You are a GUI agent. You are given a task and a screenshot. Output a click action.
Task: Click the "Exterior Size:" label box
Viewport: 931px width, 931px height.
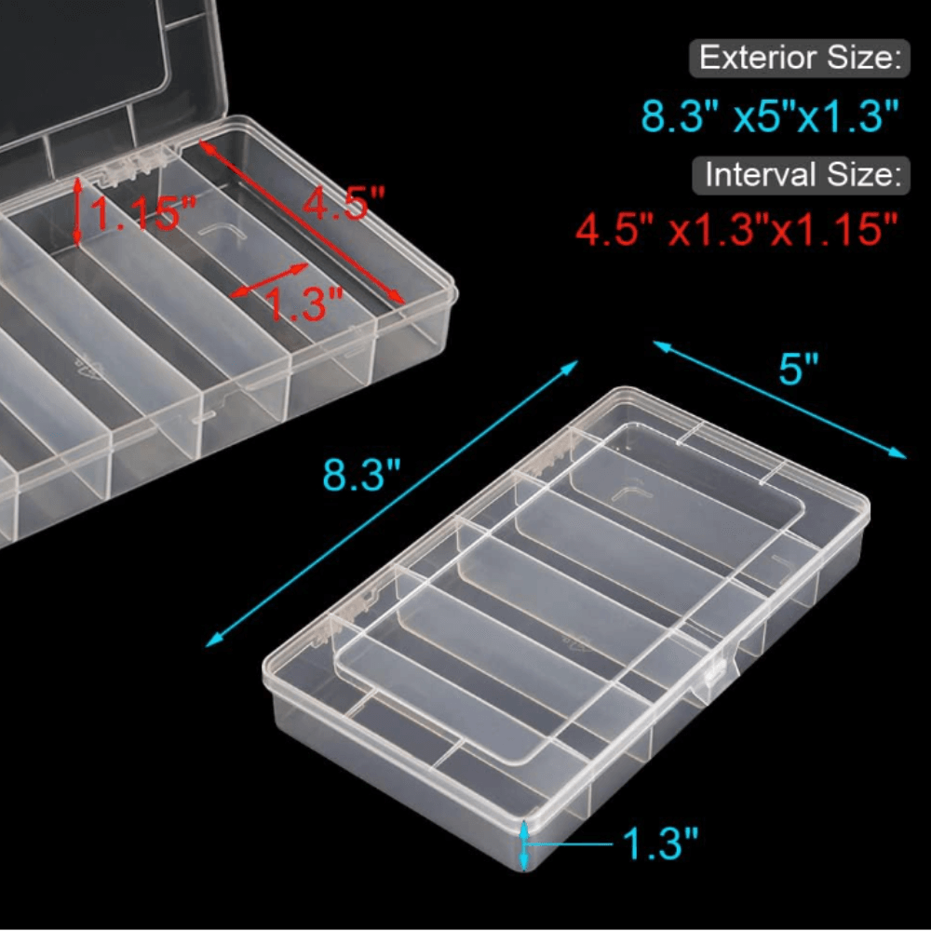[x=799, y=58]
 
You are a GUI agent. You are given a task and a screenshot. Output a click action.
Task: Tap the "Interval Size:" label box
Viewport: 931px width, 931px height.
[x=801, y=175]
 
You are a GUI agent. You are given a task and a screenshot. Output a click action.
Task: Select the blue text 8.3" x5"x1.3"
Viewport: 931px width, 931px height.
[x=770, y=115]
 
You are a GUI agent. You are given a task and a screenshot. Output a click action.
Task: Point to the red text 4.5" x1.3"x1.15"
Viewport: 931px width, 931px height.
[x=736, y=229]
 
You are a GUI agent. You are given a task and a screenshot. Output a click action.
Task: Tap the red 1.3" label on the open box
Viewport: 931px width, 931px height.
[x=304, y=304]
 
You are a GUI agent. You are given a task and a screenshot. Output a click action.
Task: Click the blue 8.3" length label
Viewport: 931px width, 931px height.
[x=361, y=475]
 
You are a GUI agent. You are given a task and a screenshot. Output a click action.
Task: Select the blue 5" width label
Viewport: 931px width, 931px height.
[x=798, y=369]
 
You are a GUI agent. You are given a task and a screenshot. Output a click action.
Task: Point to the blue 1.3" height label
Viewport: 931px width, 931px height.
[x=660, y=843]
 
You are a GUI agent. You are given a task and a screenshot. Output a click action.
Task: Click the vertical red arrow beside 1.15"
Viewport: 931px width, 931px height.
[x=77, y=211]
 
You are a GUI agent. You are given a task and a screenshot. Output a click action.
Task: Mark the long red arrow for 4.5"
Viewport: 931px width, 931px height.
[x=303, y=223]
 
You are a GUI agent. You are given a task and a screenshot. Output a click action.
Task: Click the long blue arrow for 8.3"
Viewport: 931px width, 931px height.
[x=392, y=503]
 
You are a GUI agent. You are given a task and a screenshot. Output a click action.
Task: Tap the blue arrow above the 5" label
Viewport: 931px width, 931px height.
[x=779, y=399]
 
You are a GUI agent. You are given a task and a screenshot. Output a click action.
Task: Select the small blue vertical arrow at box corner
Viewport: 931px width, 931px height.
[x=523, y=845]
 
